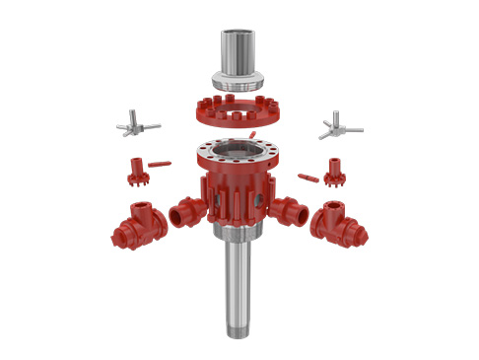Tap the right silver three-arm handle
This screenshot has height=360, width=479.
[x=338, y=126]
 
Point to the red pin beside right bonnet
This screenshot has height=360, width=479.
[x=308, y=178]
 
